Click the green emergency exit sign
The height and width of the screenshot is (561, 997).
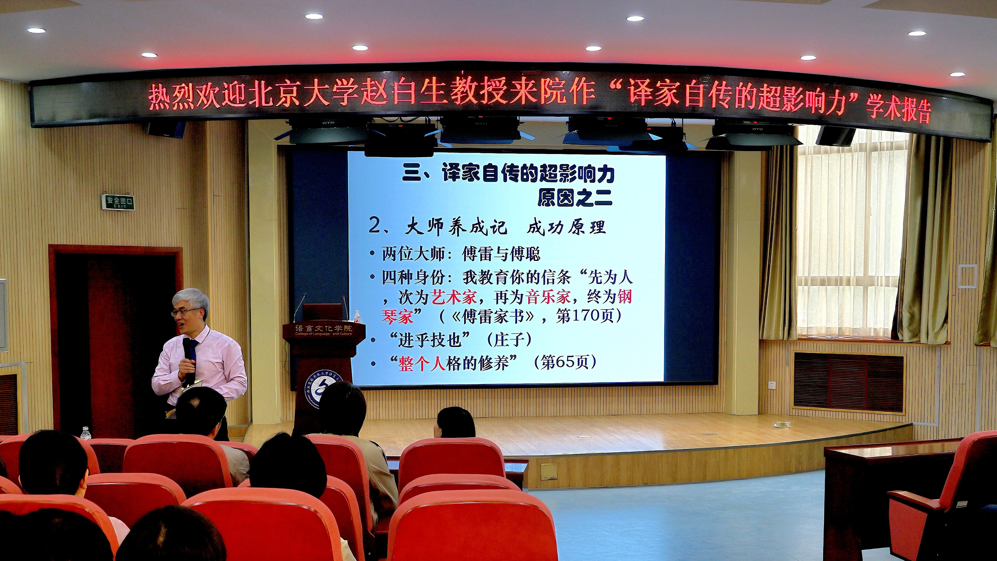click(118, 202)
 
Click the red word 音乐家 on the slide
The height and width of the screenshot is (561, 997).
click(548, 297)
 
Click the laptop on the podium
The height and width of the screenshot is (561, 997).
click(322, 312)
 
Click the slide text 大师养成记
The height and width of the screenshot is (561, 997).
click(456, 227)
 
